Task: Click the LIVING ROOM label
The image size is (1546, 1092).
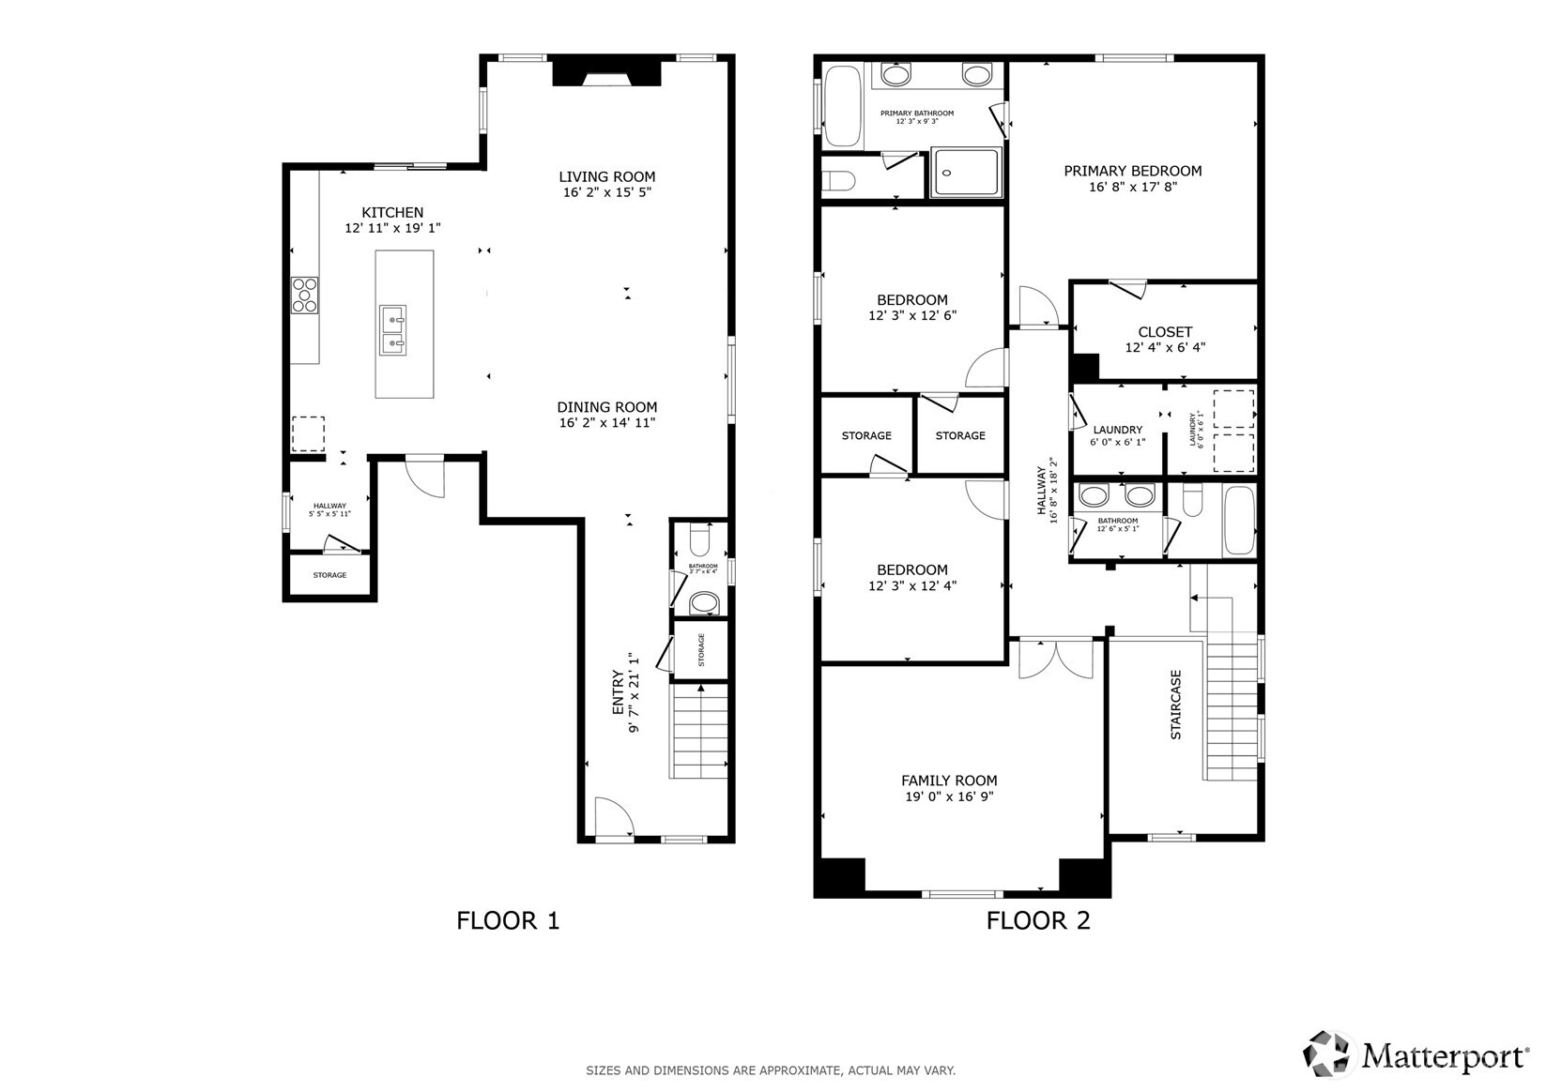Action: [606, 176]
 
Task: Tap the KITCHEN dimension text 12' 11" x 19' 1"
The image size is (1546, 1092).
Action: [392, 228]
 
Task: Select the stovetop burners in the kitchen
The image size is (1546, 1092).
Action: [304, 295]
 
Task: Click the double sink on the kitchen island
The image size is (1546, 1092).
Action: [392, 330]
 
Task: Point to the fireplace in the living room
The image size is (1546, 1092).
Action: [606, 73]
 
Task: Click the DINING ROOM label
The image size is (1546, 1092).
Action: [606, 407]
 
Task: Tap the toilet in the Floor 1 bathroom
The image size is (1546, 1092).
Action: [699, 541]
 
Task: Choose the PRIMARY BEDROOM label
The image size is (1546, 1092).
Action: [1132, 171]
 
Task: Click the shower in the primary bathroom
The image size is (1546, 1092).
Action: [966, 172]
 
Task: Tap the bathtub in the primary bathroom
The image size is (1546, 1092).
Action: [842, 105]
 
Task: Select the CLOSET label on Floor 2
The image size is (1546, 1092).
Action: [1164, 332]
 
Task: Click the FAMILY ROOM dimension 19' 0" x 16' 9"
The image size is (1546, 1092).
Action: [949, 796]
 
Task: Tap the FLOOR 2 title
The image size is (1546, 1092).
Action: [1038, 920]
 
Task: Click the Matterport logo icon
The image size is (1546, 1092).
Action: [1328, 1054]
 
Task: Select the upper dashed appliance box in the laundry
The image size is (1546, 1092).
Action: [1233, 408]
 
